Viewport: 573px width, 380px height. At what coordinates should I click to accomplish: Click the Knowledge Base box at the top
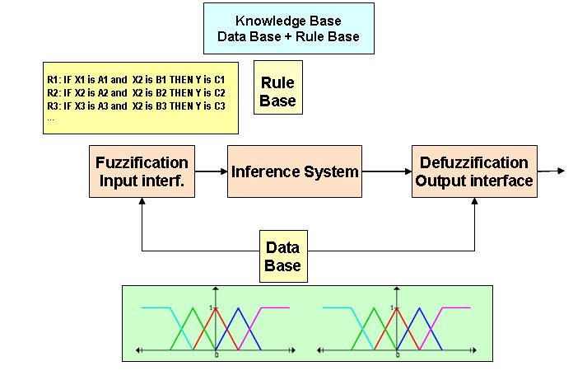tap(289, 29)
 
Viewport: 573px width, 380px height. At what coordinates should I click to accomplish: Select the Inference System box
tap(295, 171)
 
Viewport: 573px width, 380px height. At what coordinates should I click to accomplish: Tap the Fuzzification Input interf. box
tap(142, 171)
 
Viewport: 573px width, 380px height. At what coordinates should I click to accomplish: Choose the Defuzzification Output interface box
tap(474, 171)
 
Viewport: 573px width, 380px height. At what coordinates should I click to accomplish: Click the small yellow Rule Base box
tap(278, 87)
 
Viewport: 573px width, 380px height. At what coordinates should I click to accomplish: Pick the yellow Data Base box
tap(283, 256)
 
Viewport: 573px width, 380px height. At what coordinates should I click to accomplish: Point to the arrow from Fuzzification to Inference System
tap(212, 171)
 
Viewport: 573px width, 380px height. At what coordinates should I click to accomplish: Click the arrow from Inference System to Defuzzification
tap(387, 171)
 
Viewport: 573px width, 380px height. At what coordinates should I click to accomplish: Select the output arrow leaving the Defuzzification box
tap(551, 171)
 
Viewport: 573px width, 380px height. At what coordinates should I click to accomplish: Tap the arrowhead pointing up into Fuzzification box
tap(142, 201)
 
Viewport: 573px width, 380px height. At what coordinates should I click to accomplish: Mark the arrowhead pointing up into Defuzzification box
tap(474, 201)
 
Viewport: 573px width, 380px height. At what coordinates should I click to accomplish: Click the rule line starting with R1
tap(136, 80)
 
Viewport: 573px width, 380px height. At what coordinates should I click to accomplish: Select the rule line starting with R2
tap(136, 93)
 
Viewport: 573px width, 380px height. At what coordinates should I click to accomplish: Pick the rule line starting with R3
tap(136, 106)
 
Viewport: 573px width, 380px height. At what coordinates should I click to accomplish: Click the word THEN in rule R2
tap(181, 93)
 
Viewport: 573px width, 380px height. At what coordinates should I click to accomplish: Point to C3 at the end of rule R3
tap(220, 106)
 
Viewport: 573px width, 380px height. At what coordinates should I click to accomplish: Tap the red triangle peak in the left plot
tap(216, 308)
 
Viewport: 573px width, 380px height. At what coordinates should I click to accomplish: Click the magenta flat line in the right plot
tap(456, 307)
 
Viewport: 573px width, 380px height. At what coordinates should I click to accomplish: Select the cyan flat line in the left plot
tap(156, 307)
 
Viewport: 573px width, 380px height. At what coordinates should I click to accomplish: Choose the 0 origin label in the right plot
tap(398, 354)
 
